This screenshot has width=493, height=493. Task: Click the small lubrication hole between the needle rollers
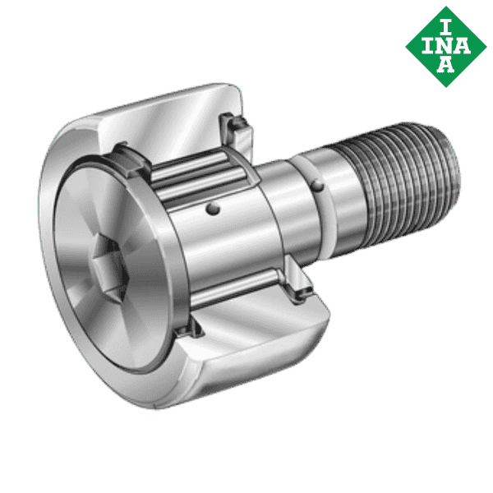pos(215,211)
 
